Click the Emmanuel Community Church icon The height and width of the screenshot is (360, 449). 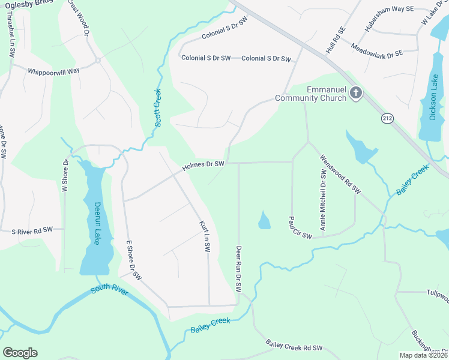(x=356, y=93)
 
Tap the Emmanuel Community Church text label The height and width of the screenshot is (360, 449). (x=310, y=94)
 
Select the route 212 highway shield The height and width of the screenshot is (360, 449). (x=387, y=119)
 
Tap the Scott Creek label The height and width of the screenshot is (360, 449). (x=158, y=108)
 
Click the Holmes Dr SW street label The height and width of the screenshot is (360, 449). (x=203, y=164)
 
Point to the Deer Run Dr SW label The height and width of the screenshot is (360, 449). (x=238, y=268)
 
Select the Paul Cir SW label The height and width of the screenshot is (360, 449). (x=300, y=227)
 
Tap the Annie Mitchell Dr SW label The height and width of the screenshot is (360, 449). (x=323, y=199)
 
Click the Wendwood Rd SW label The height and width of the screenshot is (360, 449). (x=340, y=174)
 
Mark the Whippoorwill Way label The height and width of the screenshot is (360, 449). (x=53, y=71)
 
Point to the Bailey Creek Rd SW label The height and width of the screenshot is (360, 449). (x=294, y=345)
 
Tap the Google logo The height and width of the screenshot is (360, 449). (x=20, y=353)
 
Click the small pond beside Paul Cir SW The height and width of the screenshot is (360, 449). (x=264, y=221)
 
